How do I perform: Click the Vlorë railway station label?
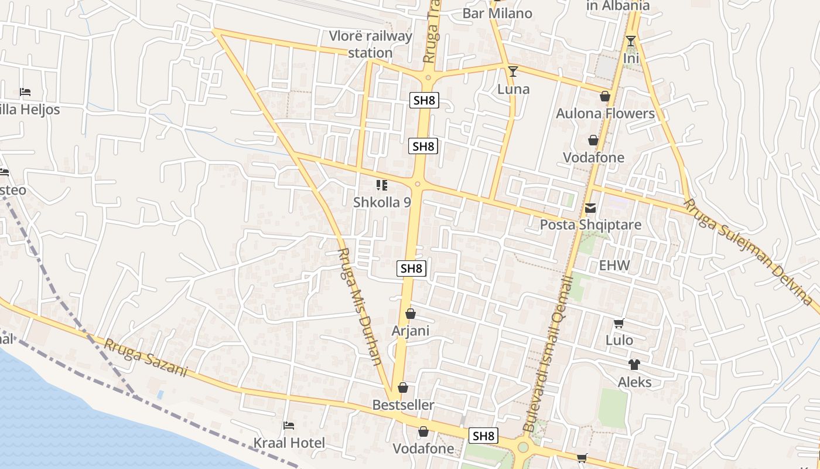(x=370, y=45)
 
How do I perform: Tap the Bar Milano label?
(x=497, y=13)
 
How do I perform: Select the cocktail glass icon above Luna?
(x=513, y=72)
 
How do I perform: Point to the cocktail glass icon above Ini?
(x=631, y=41)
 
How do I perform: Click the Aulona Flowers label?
(x=605, y=113)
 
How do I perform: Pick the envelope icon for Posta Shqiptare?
(x=590, y=208)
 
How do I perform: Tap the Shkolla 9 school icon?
(x=382, y=186)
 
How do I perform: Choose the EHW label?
(x=614, y=265)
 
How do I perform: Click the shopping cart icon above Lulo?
(x=619, y=323)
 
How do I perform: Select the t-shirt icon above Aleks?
(x=634, y=365)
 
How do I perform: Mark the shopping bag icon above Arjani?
(x=411, y=314)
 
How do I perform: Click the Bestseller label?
(x=404, y=405)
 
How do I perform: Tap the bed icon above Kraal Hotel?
(x=289, y=425)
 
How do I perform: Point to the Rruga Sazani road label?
(x=146, y=357)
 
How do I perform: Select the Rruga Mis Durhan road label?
(x=360, y=305)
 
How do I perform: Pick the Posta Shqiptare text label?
(x=590, y=225)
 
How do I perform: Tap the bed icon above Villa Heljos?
(x=25, y=92)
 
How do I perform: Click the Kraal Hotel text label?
(x=289, y=443)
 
